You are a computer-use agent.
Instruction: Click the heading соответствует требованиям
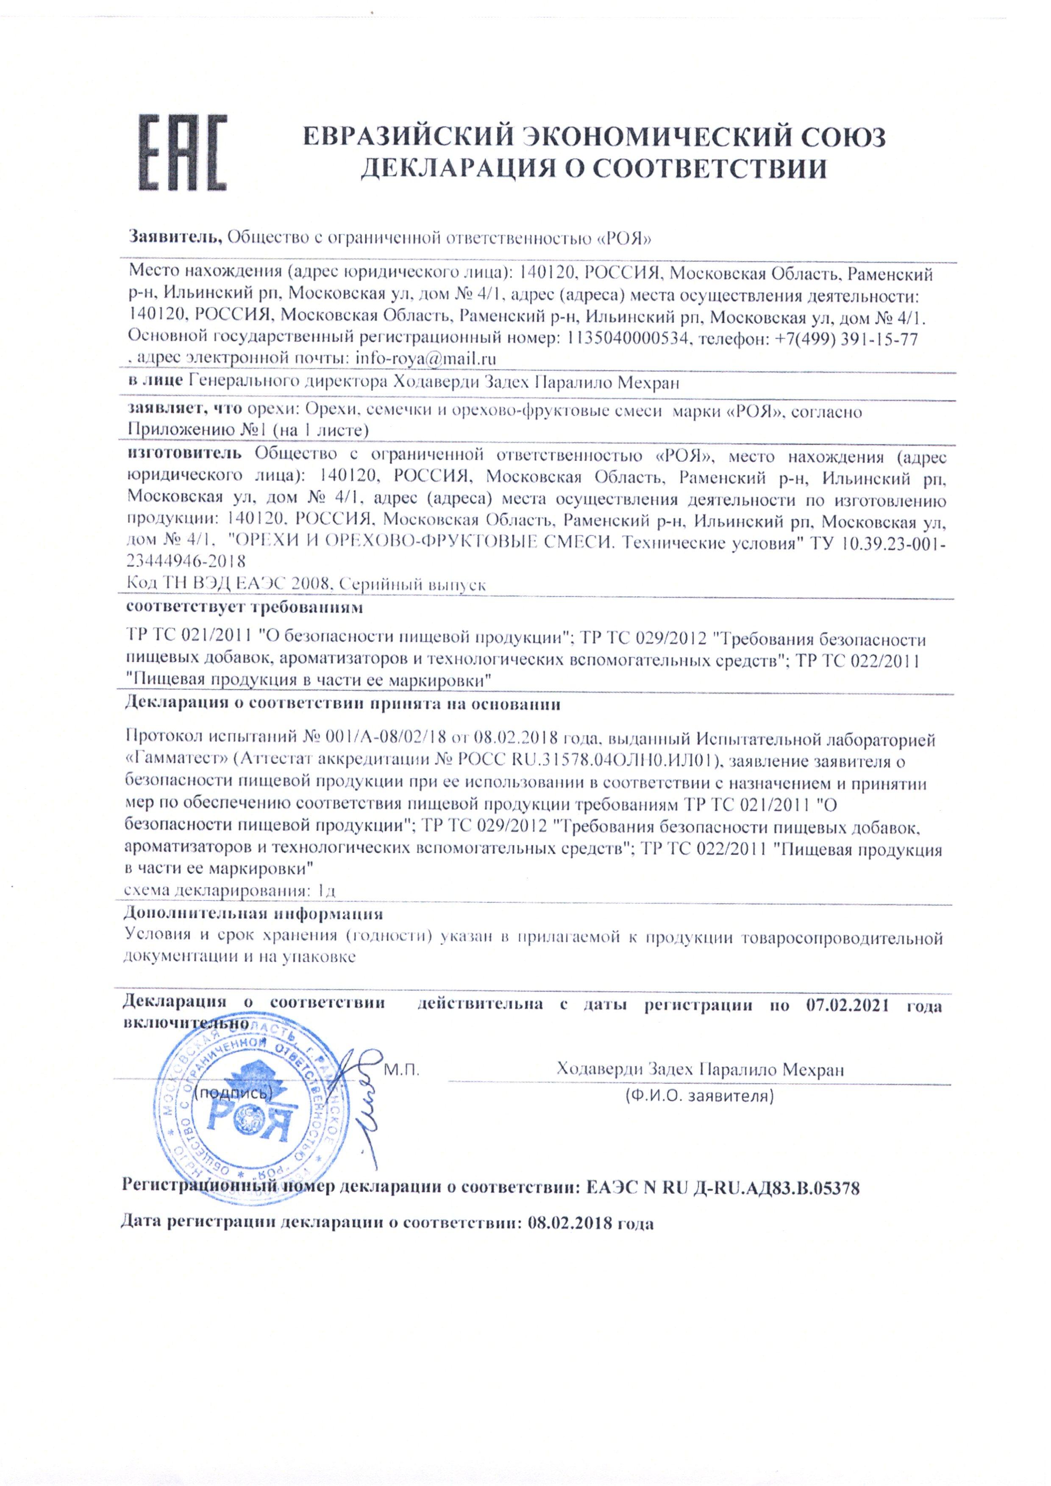(244, 608)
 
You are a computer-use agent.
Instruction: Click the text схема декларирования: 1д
(229, 891)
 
